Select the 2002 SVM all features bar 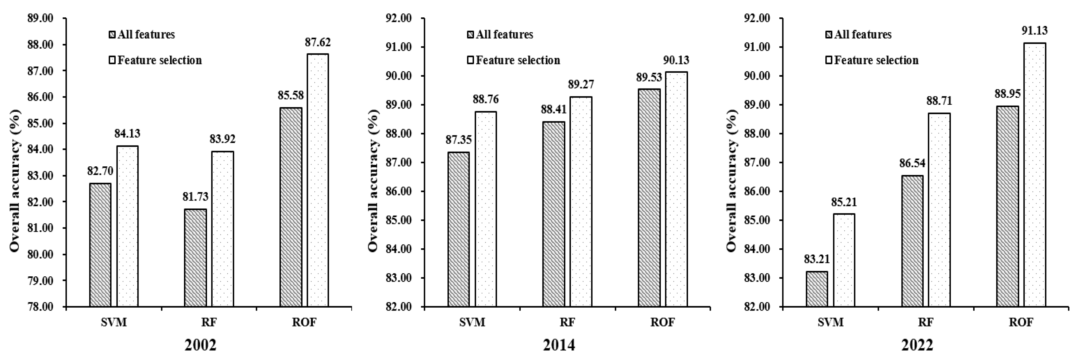point(100,245)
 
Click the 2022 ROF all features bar point(1008,207)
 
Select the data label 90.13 point(676,60)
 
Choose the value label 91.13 point(1035,31)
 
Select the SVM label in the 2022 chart point(830,322)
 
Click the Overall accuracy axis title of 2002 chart point(15,181)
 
